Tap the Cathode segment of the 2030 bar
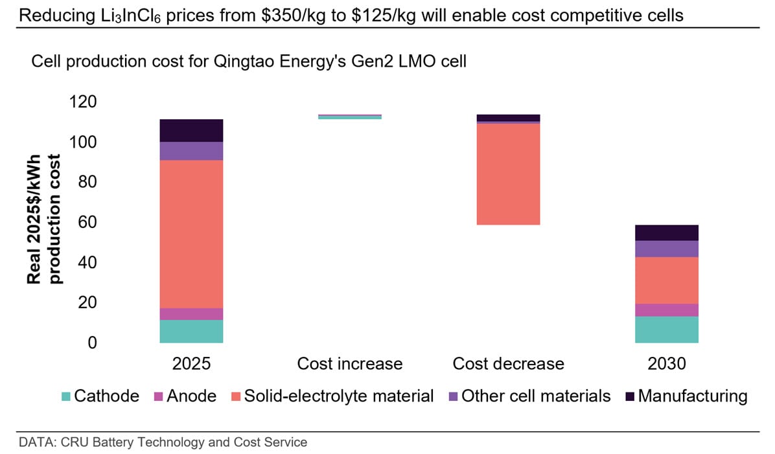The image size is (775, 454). (666, 330)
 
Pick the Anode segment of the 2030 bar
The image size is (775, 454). (666, 310)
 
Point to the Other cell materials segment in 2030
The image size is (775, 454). (666, 249)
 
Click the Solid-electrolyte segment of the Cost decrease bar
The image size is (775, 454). (508, 174)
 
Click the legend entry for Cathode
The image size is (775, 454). (100, 396)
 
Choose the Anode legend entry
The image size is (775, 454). (185, 396)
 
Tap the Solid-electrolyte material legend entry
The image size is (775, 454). (332, 396)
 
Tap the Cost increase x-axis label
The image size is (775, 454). (350, 363)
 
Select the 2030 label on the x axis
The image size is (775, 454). (666, 363)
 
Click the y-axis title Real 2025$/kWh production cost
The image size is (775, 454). (43, 219)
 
